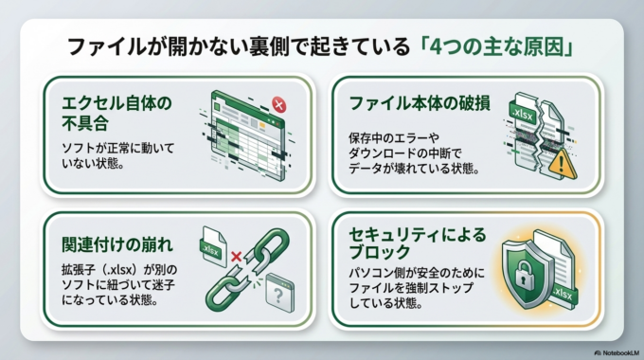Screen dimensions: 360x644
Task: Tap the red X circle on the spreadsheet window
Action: (278, 104)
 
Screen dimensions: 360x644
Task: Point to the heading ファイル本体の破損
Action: (420, 102)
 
